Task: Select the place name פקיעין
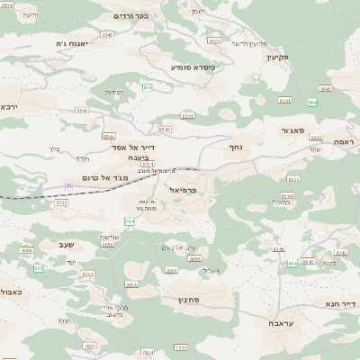274,57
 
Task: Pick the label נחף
236,146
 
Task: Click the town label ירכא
10,106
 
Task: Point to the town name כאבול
11,292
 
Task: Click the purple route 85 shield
68,185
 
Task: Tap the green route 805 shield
38,268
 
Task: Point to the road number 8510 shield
61,202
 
